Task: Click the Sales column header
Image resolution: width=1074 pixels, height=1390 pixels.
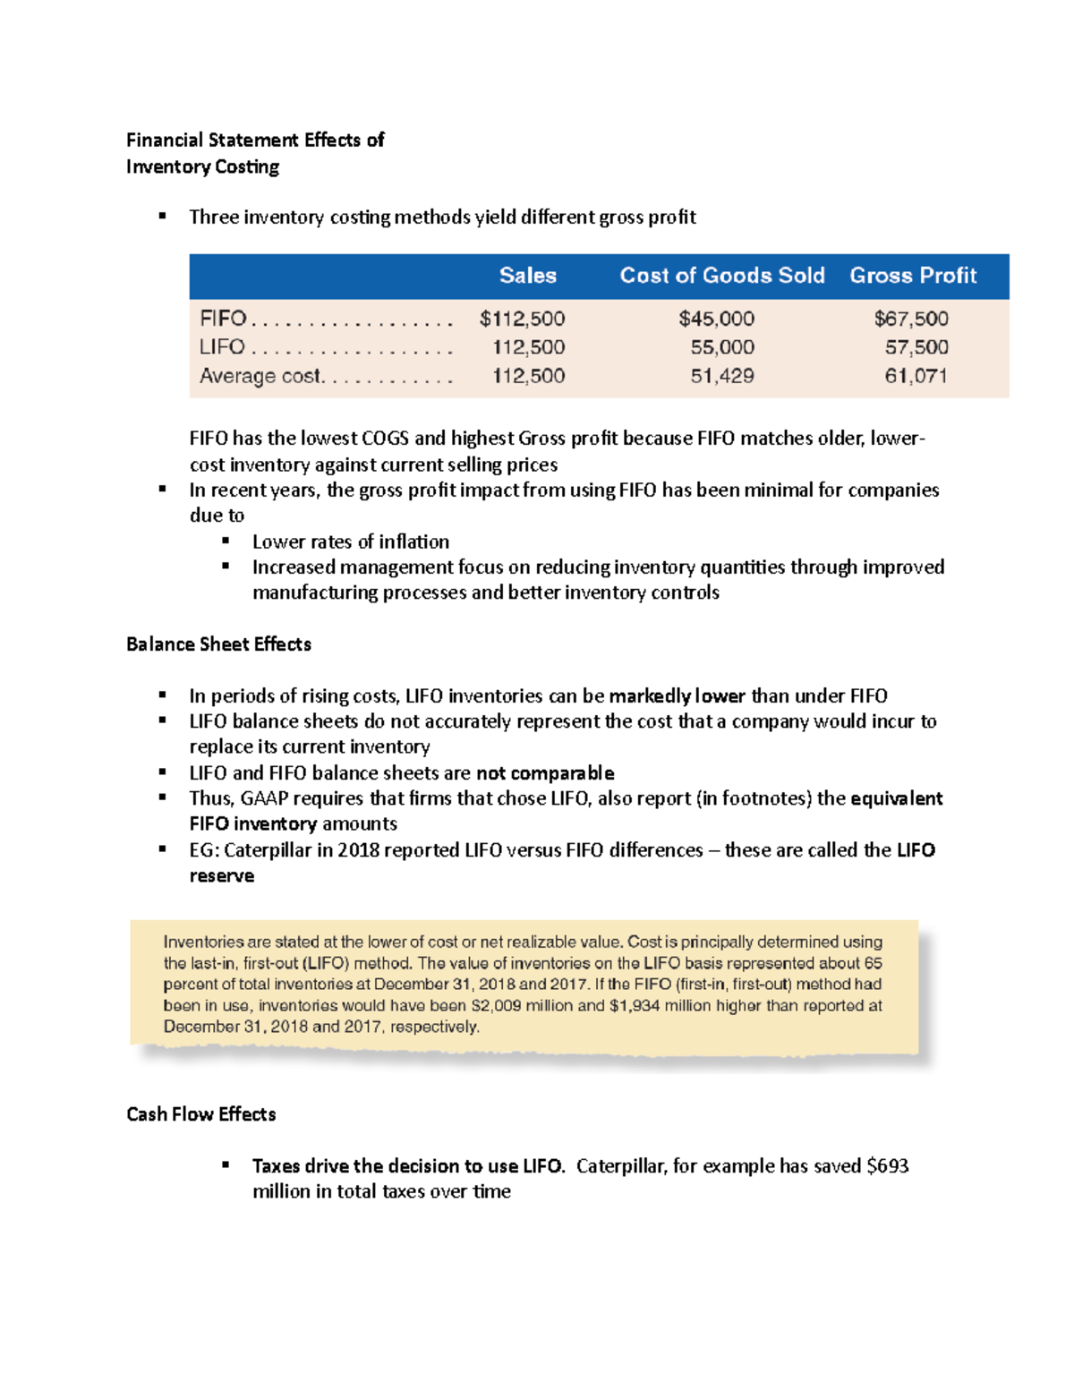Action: [527, 276]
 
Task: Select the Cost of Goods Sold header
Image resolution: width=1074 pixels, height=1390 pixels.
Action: [721, 276]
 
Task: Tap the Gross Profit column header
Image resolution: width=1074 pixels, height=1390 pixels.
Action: [912, 276]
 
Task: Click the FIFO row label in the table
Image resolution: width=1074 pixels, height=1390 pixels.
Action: [223, 319]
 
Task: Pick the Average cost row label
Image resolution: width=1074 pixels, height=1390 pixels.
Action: [260, 376]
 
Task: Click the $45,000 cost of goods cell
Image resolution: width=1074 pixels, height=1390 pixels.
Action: [716, 319]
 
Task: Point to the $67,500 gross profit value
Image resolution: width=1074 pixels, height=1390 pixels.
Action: [910, 319]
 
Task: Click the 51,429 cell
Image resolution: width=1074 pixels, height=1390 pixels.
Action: [721, 376]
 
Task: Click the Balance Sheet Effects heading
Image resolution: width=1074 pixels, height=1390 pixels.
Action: [218, 644]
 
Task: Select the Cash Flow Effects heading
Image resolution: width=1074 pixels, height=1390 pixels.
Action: [200, 1114]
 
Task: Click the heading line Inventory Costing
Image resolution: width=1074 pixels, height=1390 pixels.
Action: [202, 167]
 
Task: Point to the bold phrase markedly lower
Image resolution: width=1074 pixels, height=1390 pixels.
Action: [677, 696]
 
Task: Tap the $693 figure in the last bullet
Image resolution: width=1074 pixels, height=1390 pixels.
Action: [887, 1166]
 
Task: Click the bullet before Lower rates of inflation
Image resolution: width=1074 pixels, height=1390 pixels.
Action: [226, 541]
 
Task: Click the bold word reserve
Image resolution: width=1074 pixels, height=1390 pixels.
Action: [221, 876]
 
